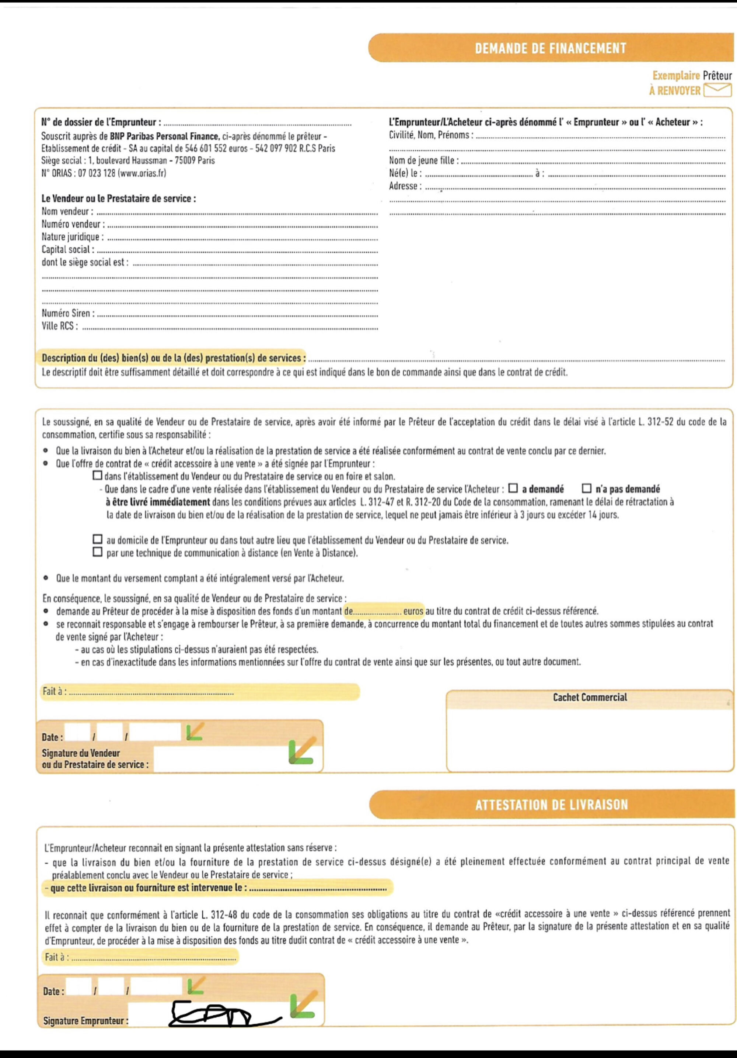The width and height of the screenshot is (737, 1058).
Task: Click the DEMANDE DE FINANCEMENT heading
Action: point(551,48)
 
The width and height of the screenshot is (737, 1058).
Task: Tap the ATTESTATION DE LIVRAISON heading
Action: point(552,804)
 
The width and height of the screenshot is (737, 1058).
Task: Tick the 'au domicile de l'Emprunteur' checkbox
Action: point(97,539)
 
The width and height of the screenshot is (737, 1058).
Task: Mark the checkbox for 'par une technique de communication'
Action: point(97,552)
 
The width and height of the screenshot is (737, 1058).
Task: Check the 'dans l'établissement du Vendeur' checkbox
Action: point(98,476)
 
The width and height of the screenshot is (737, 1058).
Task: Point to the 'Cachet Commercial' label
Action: point(590,697)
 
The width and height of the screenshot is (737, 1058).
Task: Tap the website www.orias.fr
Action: point(142,173)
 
